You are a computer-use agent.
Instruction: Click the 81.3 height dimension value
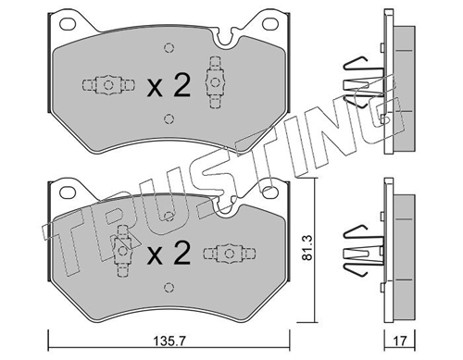(x=307, y=247)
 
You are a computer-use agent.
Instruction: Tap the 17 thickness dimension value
(x=400, y=341)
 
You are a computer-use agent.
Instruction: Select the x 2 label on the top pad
(x=169, y=85)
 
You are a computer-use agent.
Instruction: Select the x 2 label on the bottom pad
(x=169, y=253)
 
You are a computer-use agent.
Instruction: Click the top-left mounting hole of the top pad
(x=68, y=24)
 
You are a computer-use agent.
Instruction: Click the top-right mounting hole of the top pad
(x=270, y=23)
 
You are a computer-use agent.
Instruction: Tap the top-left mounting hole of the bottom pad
(x=68, y=192)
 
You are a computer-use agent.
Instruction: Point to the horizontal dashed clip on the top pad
(x=108, y=84)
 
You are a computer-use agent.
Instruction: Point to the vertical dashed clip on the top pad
(x=214, y=82)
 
